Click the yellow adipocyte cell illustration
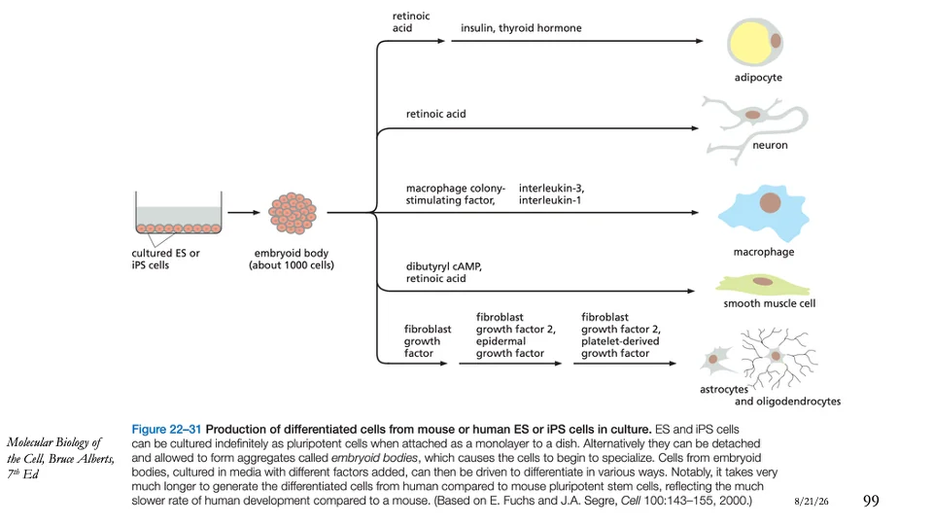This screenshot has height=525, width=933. (x=754, y=42)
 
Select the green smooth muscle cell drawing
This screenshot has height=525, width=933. (x=762, y=285)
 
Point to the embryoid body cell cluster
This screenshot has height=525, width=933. (x=293, y=213)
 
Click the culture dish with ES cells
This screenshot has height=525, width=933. (x=179, y=213)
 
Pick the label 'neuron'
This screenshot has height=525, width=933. (x=770, y=145)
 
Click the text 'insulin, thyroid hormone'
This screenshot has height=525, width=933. (x=521, y=28)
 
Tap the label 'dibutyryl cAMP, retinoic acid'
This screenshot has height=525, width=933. (x=444, y=272)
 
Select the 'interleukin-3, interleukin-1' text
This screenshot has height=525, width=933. (x=552, y=194)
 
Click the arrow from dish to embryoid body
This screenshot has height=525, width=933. (x=244, y=213)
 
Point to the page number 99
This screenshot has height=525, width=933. (x=871, y=501)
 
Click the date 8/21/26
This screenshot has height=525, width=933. (x=812, y=502)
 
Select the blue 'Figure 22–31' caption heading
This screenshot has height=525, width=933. (x=166, y=429)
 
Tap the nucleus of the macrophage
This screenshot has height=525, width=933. (x=770, y=202)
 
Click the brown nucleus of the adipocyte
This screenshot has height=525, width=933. (x=776, y=41)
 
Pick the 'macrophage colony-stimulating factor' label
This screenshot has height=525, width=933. (x=456, y=194)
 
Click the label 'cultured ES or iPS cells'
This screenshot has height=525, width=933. (x=165, y=259)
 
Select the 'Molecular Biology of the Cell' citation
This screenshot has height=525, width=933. (x=60, y=458)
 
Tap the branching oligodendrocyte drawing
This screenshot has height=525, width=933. (x=777, y=357)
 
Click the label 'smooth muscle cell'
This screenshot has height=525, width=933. (x=770, y=303)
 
